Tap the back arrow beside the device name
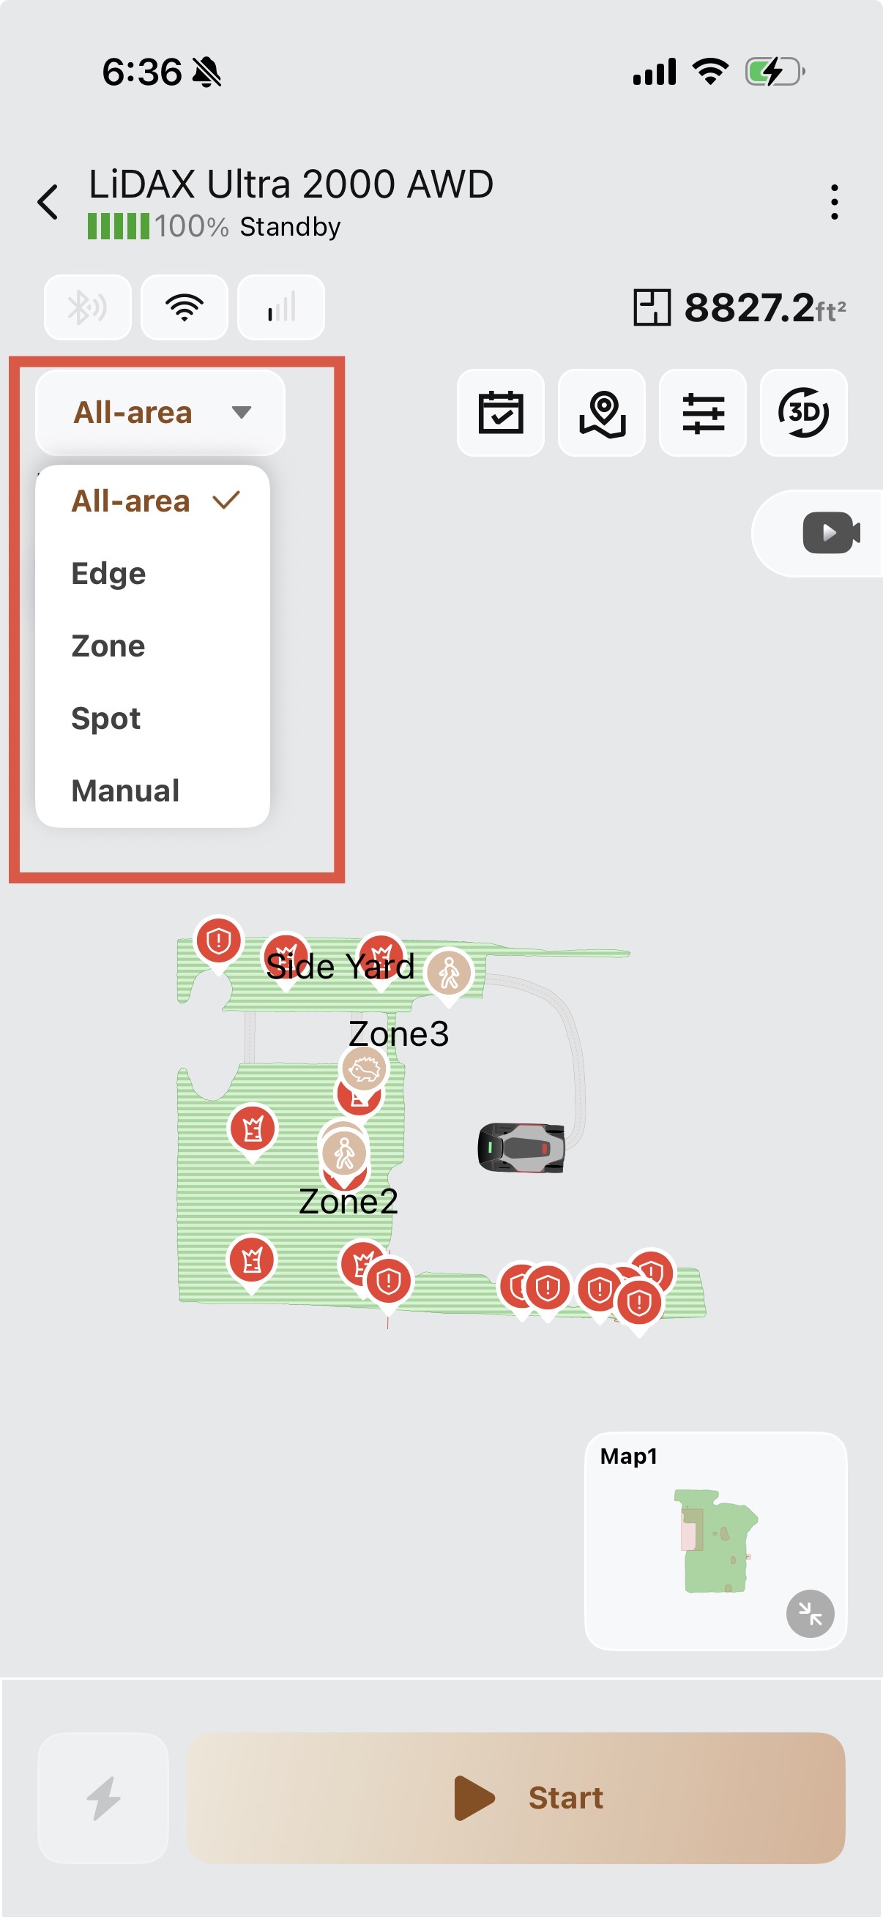[x=48, y=202]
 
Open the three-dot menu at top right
[x=834, y=202]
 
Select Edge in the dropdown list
[x=109, y=574]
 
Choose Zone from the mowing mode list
[x=108, y=646]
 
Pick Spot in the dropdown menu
[x=106, y=719]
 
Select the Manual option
[x=125, y=791]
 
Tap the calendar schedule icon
[x=501, y=412]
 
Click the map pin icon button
[x=602, y=412]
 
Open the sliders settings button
[x=704, y=412]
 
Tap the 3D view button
[x=804, y=412]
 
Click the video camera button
[x=831, y=533]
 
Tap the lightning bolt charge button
[x=103, y=1798]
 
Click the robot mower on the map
[x=521, y=1148]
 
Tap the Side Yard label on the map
[x=340, y=967]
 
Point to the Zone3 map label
[x=398, y=1034]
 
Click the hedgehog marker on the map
[x=365, y=1070]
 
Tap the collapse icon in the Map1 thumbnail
[x=810, y=1614]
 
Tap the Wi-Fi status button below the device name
[x=185, y=307]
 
